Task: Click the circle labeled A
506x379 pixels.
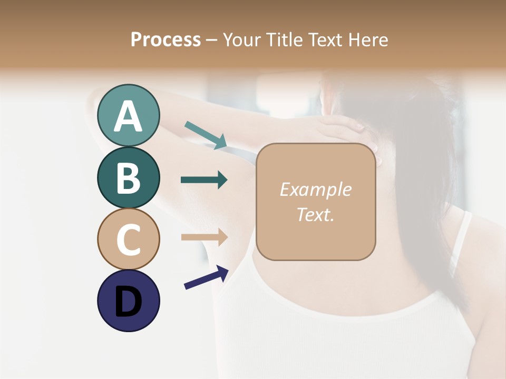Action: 128,115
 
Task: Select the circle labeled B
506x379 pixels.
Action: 128,177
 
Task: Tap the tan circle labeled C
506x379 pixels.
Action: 128,239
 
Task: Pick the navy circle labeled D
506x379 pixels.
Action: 128,301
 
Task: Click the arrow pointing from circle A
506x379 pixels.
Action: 206,135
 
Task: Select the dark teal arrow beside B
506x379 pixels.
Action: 204,180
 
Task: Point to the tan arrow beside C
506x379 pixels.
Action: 204,237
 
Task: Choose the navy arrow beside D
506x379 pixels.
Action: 206,278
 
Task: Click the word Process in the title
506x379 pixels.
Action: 166,39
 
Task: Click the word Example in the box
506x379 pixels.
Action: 315,189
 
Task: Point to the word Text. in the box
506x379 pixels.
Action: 315,214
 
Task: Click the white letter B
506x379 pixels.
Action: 128,178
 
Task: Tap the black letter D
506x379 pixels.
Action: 128,301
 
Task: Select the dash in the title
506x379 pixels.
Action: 212,40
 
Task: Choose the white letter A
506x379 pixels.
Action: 128,116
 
